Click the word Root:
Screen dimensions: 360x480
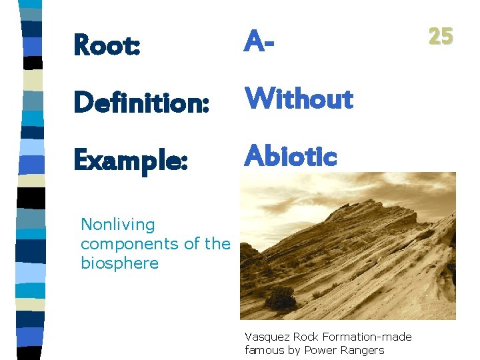107,45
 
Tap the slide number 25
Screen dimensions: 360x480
441,35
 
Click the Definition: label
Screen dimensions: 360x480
142,103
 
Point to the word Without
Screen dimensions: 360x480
299,99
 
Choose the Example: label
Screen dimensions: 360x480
131,160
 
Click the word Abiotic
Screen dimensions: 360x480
291,156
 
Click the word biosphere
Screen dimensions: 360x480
119,263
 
